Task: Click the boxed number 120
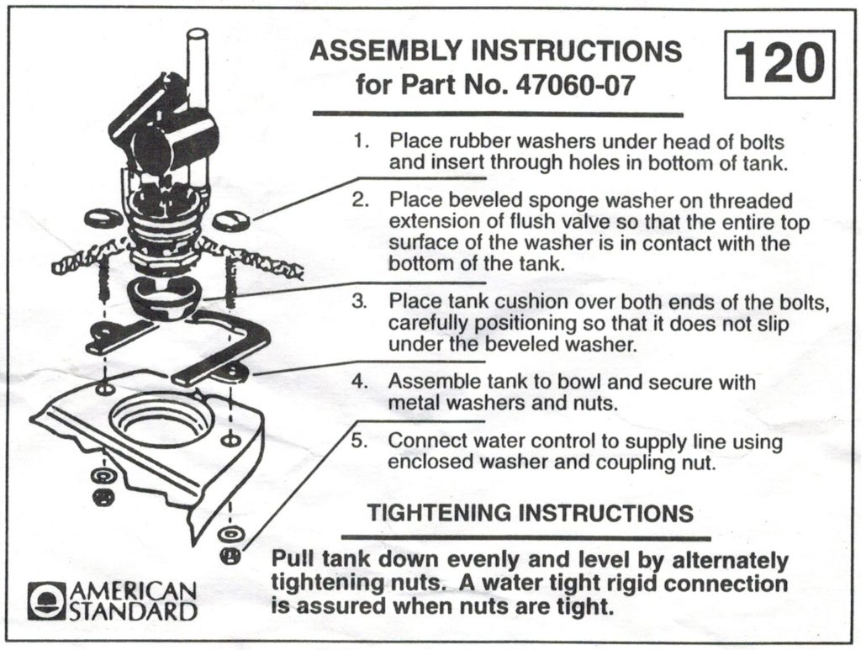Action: click(779, 65)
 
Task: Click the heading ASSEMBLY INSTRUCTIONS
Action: click(495, 51)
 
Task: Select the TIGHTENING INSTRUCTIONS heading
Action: click(531, 512)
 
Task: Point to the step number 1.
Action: click(361, 141)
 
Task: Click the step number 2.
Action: click(361, 201)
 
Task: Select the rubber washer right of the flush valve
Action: click(230, 221)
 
